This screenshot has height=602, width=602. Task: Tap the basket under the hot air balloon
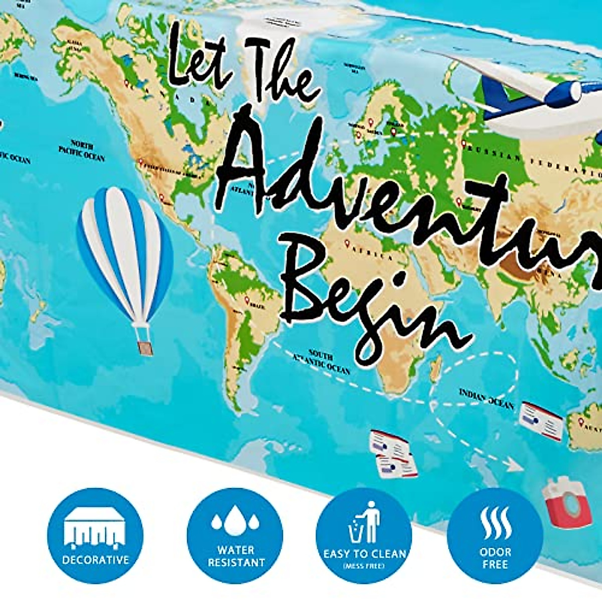(x=145, y=348)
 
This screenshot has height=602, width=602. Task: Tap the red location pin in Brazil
(x=247, y=300)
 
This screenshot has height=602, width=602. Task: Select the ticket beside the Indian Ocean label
(x=541, y=420)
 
